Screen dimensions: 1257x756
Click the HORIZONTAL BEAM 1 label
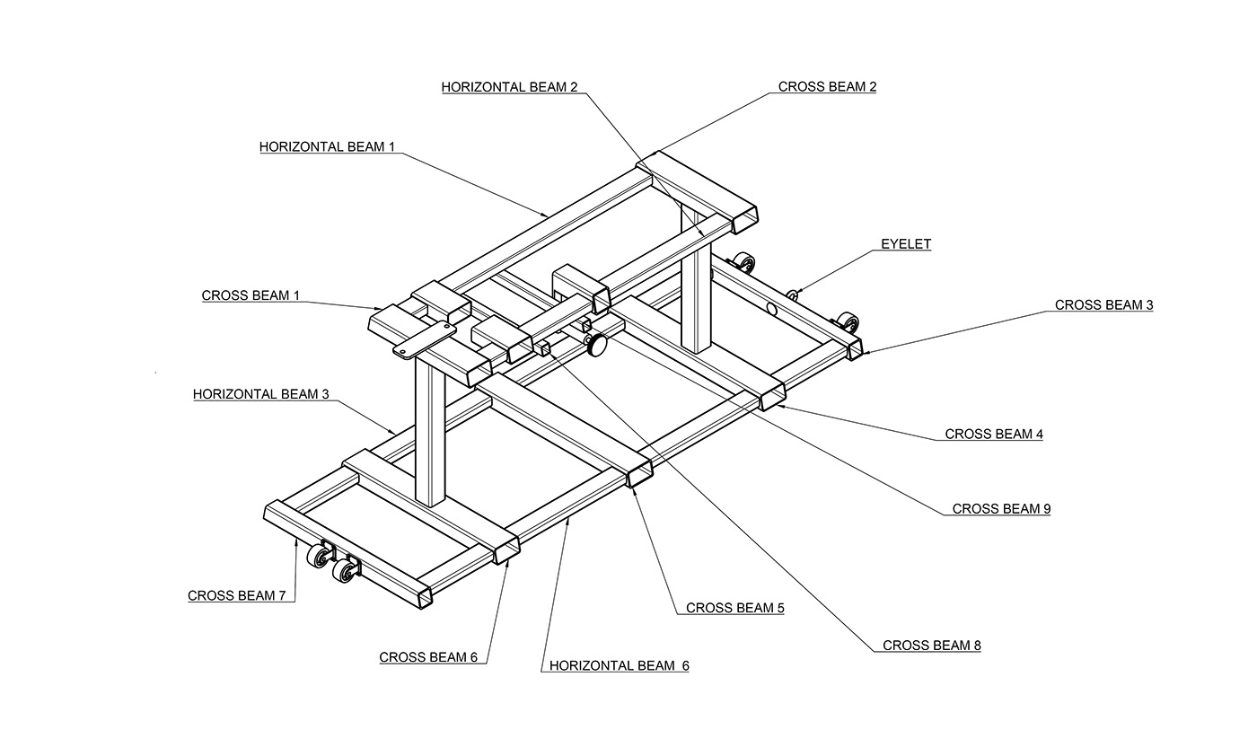pos(327,147)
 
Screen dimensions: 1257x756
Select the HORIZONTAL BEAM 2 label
pos(509,87)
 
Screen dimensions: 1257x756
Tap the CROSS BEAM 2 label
pos(827,86)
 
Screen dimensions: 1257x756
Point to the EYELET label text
pos(906,244)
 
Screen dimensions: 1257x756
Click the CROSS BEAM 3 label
pos(1103,304)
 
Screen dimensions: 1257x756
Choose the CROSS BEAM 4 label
pos(994,434)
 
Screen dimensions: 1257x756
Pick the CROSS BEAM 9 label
pos(1001,508)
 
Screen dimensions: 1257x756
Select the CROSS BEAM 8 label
pos(932,646)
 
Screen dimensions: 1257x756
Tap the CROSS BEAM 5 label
pos(735,608)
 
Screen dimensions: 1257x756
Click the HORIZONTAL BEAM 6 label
pos(619,665)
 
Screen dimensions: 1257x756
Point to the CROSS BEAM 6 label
pos(428,657)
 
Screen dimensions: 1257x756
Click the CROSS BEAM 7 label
pos(237,595)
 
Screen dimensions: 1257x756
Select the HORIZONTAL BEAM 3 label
pos(261,394)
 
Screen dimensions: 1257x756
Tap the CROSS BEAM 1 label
pos(251,295)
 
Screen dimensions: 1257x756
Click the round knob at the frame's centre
pos(597,344)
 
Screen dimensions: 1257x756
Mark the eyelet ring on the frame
pos(792,295)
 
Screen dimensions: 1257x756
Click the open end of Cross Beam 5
pos(639,474)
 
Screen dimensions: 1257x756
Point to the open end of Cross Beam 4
pos(772,398)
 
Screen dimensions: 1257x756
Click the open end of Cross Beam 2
pos(744,220)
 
